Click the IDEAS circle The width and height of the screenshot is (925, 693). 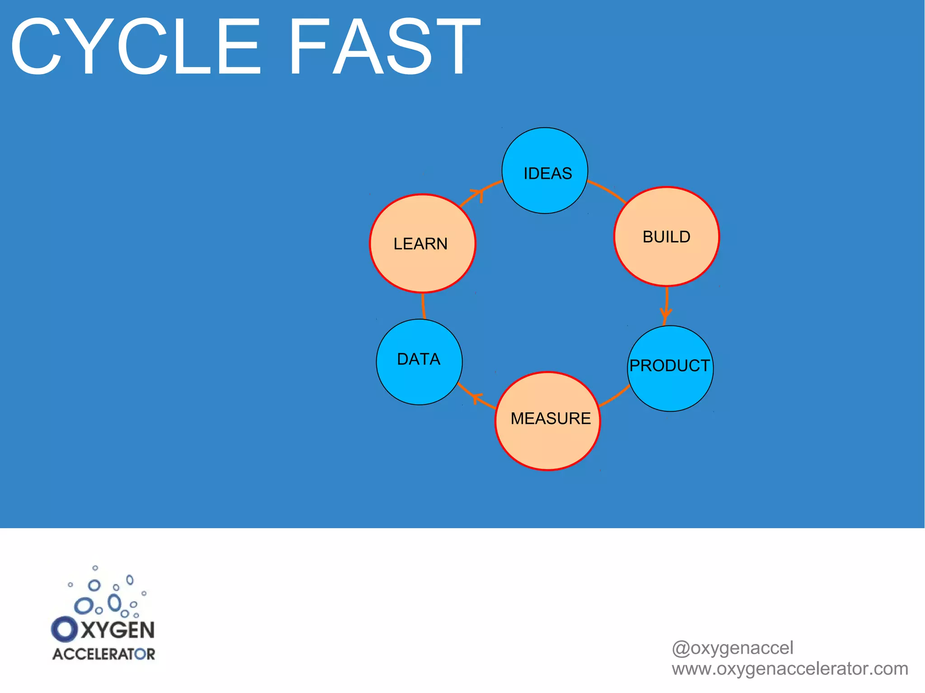(x=545, y=171)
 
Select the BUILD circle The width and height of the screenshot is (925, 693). (x=667, y=237)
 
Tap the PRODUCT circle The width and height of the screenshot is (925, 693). (x=670, y=368)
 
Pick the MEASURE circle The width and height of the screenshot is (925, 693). (x=548, y=421)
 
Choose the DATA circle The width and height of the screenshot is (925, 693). (x=419, y=362)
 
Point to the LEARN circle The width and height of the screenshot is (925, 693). (x=422, y=244)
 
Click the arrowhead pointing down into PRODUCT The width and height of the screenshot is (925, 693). (x=666, y=314)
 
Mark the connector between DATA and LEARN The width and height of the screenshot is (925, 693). (x=423, y=306)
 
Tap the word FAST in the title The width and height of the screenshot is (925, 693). (x=384, y=46)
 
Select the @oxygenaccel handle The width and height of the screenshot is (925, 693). (x=732, y=648)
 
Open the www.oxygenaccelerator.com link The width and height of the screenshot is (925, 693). (x=790, y=669)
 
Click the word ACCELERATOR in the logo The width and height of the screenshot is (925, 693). (x=104, y=654)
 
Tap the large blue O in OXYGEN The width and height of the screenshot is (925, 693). (x=65, y=629)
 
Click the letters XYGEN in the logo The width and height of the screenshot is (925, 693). (x=118, y=630)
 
